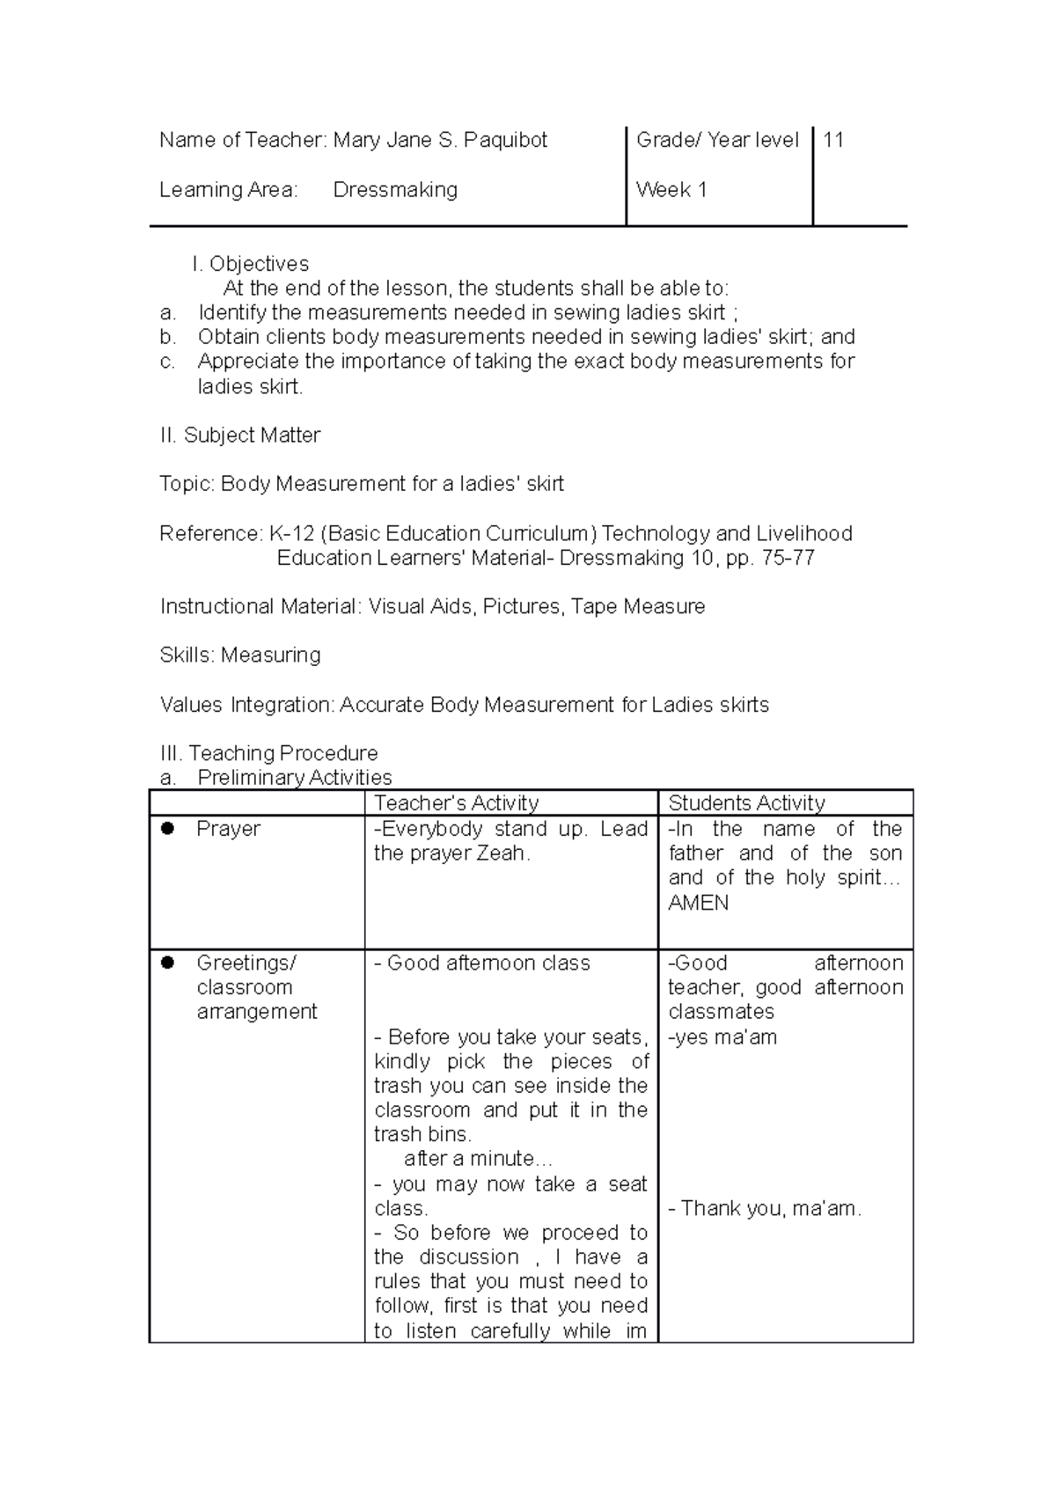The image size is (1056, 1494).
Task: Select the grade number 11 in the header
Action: pos(833,140)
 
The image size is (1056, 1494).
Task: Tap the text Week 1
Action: pos(671,190)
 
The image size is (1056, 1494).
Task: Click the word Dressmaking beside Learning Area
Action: pos(395,190)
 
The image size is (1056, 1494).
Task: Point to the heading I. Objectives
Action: pos(250,264)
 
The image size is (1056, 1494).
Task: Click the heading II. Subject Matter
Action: pos(239,436)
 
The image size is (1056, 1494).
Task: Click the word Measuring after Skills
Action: pos(270,655)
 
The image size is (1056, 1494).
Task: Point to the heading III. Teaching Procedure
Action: pos(268,753)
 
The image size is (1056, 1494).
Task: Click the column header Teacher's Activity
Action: pos(456,802)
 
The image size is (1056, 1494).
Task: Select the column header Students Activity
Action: pos(746,802)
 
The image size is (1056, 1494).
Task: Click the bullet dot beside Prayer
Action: pos(167,828)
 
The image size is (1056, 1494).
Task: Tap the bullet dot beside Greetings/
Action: pos(167,963)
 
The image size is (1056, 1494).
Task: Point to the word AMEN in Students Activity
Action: pos(698,903)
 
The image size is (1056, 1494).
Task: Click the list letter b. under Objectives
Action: pos(167,337)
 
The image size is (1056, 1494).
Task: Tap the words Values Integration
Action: pos(246,705)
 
